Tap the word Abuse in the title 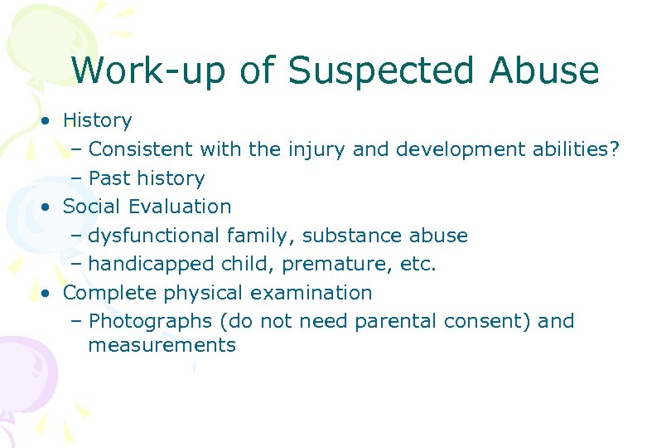543,71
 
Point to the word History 98,121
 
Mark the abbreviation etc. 418,265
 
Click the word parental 397,322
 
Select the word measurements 162,345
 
